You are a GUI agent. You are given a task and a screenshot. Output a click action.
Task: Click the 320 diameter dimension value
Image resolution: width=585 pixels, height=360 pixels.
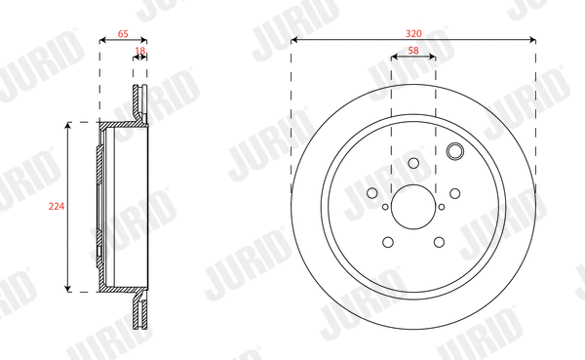click(413, 30)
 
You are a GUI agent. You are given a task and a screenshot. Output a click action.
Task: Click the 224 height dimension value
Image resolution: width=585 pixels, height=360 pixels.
click(56, 206)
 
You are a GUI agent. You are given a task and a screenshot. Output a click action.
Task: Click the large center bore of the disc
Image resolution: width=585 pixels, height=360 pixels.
click(413, 206)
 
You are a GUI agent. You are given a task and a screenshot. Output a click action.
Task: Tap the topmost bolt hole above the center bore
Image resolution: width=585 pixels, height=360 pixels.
click(413, 163)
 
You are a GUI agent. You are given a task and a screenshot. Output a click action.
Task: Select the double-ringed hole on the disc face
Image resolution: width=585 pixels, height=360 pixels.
click(454, 151)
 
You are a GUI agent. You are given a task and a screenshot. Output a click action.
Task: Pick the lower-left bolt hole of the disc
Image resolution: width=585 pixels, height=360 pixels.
click(387, 242)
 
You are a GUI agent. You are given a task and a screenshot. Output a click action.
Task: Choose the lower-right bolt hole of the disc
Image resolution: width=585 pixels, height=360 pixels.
click(440, 242)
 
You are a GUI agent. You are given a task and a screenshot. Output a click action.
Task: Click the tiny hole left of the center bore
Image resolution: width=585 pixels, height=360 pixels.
click(385, 206)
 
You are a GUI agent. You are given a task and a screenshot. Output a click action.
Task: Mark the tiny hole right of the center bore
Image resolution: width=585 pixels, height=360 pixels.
click(442, 206)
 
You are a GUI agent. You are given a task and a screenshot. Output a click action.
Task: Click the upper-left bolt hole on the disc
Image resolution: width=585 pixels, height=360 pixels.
click(371, 192)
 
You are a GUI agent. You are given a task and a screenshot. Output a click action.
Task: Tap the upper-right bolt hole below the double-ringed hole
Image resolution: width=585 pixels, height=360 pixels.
click(455, 192)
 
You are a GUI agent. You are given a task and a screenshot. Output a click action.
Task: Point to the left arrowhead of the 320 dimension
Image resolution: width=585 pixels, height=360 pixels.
click(294, 40)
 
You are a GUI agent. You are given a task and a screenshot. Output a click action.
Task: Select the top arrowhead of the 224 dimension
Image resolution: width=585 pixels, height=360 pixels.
click(67, 125)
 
